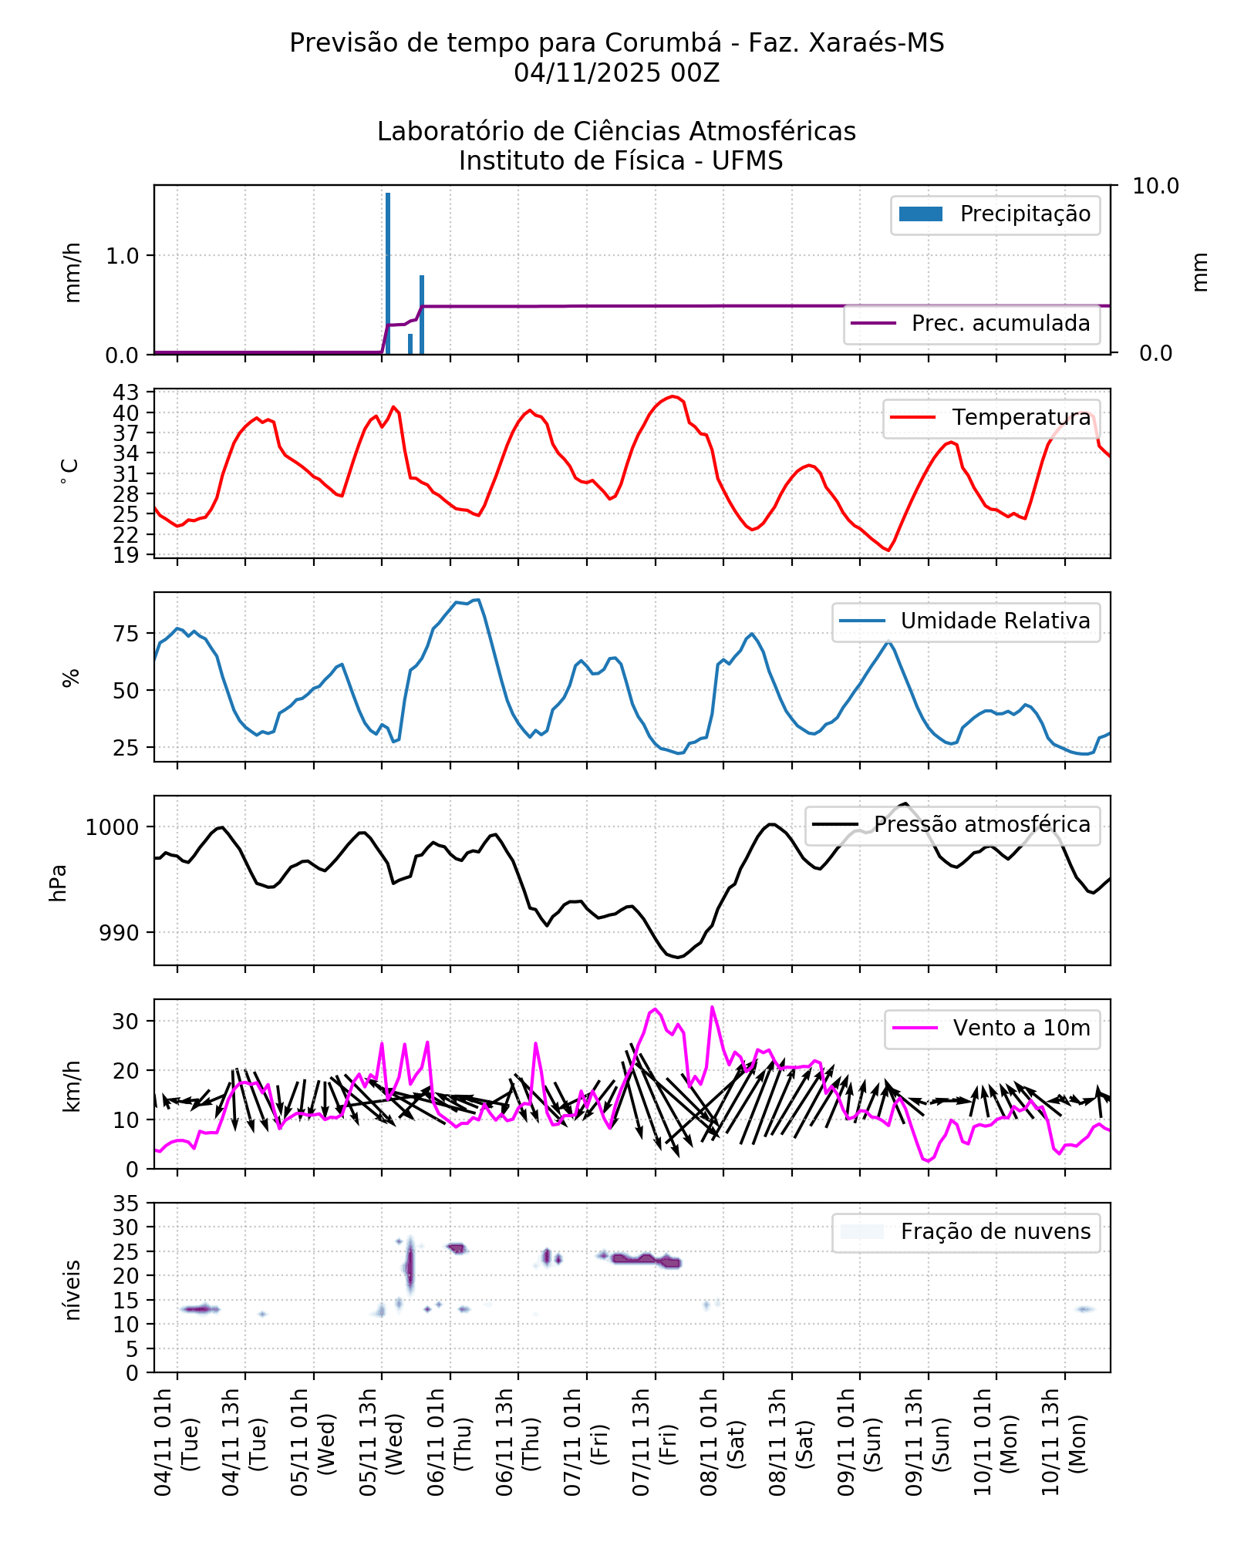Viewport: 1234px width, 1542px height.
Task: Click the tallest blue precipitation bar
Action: (x=388, y=274)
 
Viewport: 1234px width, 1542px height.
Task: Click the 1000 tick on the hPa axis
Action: (x=112, y=827)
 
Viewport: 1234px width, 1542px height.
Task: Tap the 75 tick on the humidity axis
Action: (x=126, y=634)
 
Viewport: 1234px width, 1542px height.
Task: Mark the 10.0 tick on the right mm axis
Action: (x=1155, y=186)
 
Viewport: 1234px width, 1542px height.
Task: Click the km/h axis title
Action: (x=72, y=1086)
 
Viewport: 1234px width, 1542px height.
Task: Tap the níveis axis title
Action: (x=72, y=1290)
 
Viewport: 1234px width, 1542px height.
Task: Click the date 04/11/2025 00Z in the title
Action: (x=616, y=73)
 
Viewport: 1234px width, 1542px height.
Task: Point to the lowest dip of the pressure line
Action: (x=677, y=957)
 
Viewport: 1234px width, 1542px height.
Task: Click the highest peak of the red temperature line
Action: (x=673, y=396)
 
